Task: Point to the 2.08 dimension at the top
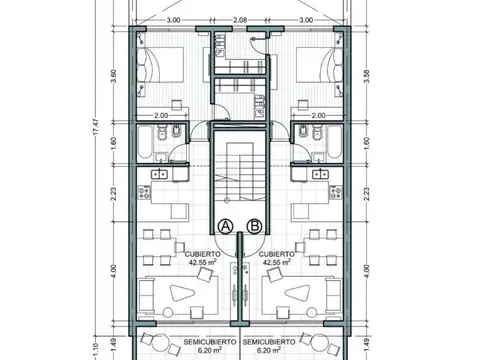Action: [x=240, y=20]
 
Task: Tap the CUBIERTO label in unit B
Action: [x=276, y=254]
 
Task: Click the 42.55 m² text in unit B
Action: [x=276, y=263]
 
